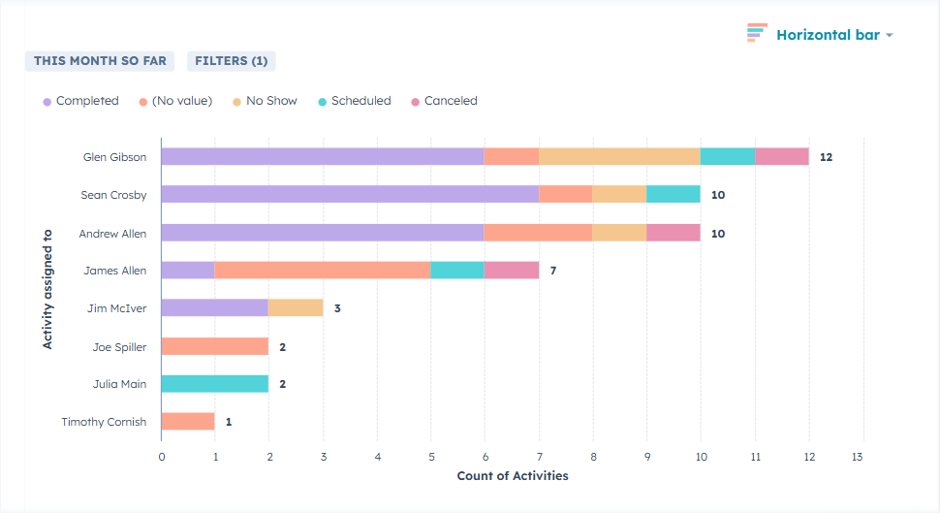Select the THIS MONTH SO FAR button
click(100, 61)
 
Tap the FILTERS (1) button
click(232, 61)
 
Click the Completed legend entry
click(80, 101)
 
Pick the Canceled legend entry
click(444, 101)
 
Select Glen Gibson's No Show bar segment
click(619, 156)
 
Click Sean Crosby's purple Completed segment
click(350, 194)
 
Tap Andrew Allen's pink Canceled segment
click(674, 233)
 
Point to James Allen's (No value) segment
click(323, 271)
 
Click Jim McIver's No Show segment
click(296, 307)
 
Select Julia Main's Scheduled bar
click(214, 384)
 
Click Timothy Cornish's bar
click(188, 421)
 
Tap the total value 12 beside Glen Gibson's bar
click(826, 157)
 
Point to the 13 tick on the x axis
click(858, 456)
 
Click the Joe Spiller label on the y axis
click(119, 347)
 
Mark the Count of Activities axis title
click(513, 476)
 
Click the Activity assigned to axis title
click(47, 288)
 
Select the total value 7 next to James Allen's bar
click(553, 271)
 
